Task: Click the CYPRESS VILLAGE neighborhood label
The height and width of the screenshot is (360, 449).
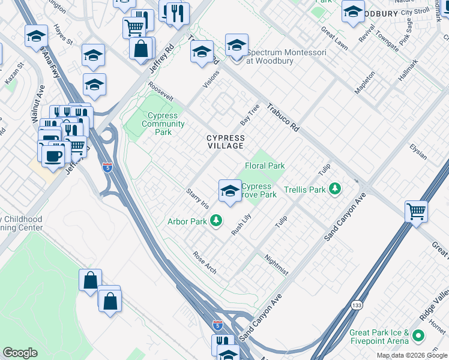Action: coord(225,142)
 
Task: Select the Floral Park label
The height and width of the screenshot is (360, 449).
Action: coord(264,166)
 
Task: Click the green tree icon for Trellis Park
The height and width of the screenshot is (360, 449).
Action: coord(336,190)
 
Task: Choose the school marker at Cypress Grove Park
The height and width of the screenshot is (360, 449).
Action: coord(229,191)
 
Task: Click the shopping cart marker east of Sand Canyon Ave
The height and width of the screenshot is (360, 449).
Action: coord(416,212)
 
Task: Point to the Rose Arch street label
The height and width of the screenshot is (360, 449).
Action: coord(204,262)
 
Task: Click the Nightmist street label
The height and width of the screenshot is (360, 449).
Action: coord(276,264)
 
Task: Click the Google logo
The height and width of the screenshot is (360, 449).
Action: coord(20,353)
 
